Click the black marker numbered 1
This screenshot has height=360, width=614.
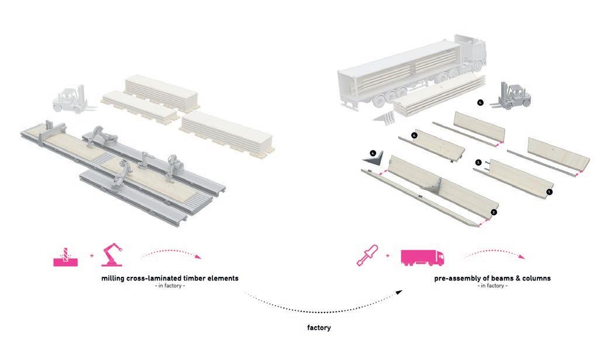pyautogui.click(x=549, y=191)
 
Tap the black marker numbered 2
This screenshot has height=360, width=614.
pyautogui.click(x=494, y=212)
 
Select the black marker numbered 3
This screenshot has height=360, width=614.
pyautogui.click(x=478, y=162)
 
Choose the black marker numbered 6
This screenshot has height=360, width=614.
pyautogui.click(x=414, y=135)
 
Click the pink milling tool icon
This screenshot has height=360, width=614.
pyautogui.click(x=64, y=255)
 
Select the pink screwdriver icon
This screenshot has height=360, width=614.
pyautogui.click(x=367, y=255)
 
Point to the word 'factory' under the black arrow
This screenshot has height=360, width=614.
pyautogui.click(x=319, y=328)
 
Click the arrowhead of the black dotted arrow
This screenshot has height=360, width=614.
pyautogui.click(x=401, y=290)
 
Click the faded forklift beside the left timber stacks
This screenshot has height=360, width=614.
pyautogui.click(x=70, y=100)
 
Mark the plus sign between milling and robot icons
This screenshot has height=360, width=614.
pyautogui.click(x=91, y=256)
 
